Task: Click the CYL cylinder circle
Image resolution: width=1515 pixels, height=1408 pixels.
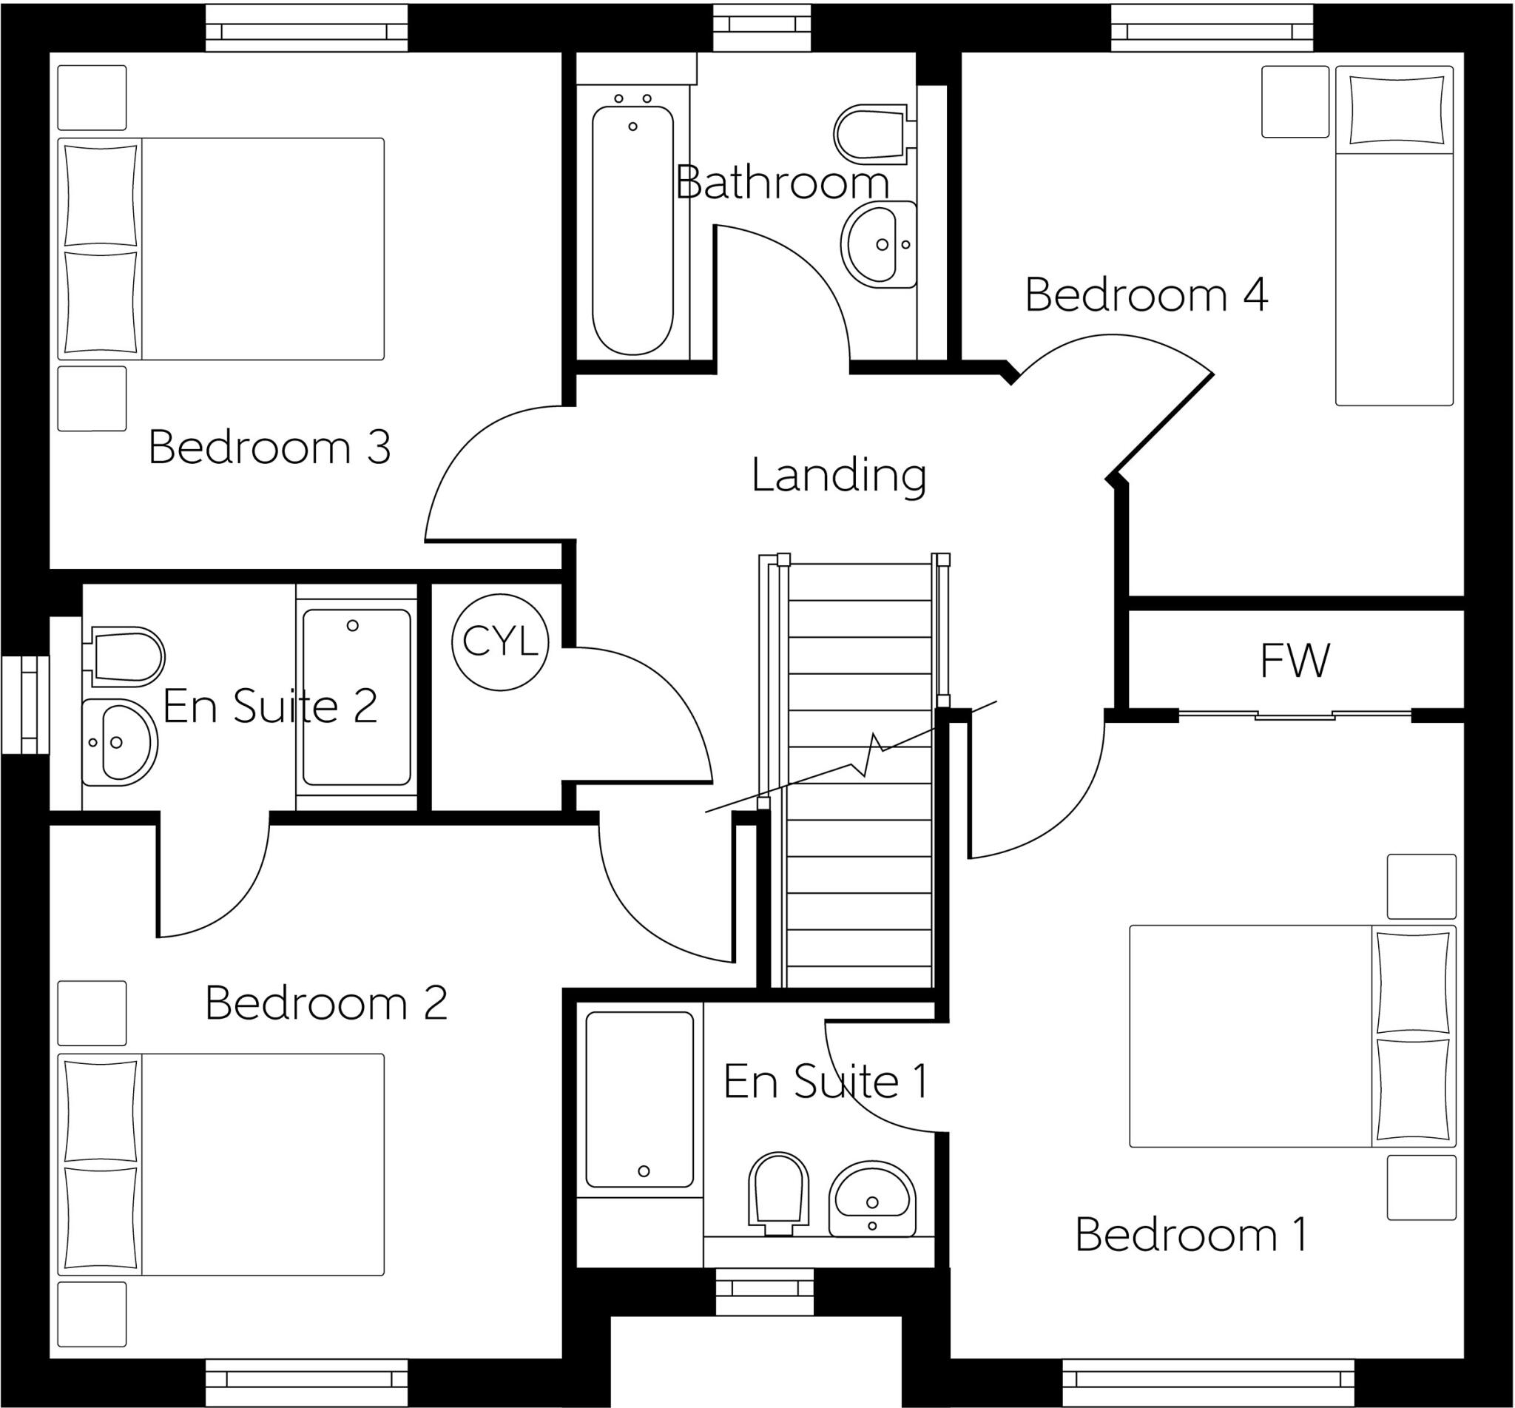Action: click(x=499, y=642)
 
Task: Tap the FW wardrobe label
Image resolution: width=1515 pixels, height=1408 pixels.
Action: click(x=1295, y=661)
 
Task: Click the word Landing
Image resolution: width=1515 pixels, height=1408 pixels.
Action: click(x=839, y=476)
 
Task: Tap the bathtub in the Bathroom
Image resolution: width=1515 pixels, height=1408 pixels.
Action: click(x=632, y=229)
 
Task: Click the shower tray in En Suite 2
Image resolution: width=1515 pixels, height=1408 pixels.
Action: click(x=356, y=697)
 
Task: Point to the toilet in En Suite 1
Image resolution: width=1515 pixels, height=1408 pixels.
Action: click(x=777, y=1193)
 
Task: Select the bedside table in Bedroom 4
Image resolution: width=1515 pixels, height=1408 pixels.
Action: click(x=1295, y=101)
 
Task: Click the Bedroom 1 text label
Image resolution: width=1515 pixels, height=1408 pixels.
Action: click(x=1190, y=1235)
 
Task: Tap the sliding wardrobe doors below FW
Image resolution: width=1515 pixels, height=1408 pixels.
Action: click(x=1295, y=715)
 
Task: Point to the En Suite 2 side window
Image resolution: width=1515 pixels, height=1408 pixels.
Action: click(x=25, y=704)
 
